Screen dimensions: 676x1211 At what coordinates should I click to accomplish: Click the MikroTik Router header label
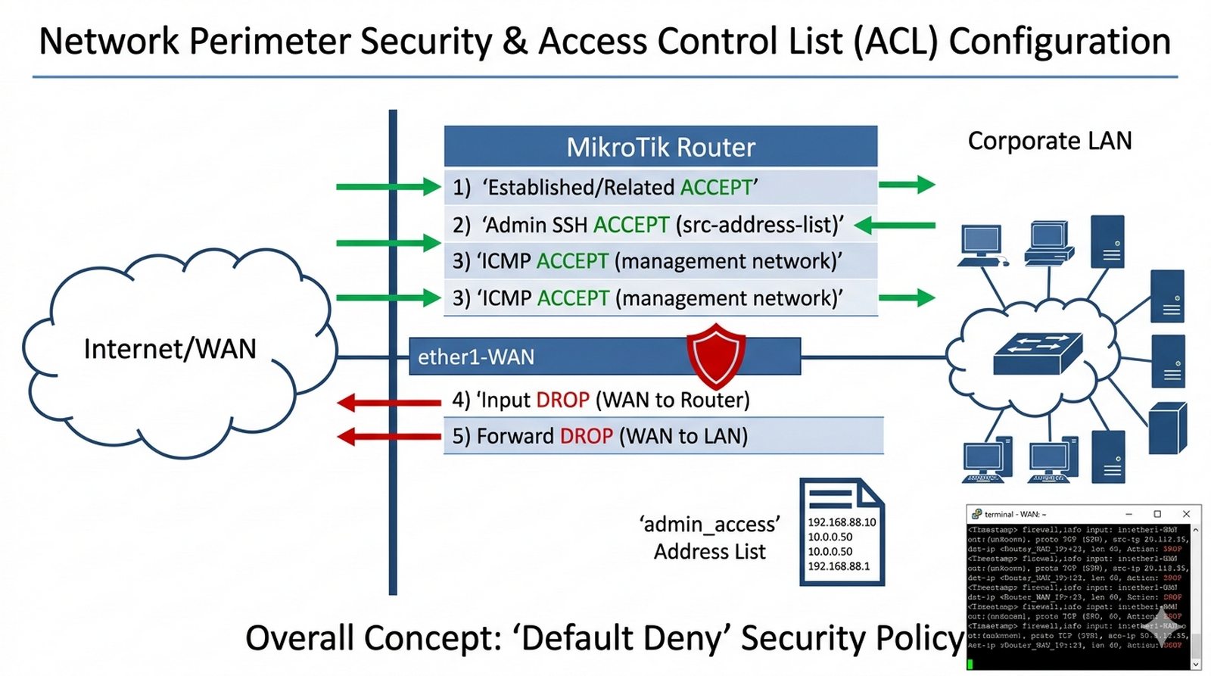[x=661, y=147]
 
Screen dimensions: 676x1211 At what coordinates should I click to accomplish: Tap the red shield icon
[x=715, y=356]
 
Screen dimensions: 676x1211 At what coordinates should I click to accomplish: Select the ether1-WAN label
[x=476, y=357]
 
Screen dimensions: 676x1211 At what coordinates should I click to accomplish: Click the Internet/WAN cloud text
[x=170, y=349]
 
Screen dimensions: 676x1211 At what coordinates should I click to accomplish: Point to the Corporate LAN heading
[x=1050, y=141]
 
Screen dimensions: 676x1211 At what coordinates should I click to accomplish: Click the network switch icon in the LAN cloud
[x=1037, y=353]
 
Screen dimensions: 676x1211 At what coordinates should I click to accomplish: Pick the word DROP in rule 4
[x=562, y=400]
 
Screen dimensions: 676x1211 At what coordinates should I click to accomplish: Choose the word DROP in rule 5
[x=586, y=436]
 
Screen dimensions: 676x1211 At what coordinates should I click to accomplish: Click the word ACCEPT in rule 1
[x=716, y=187]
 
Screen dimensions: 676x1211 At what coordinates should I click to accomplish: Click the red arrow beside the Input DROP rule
[x=388, y=402]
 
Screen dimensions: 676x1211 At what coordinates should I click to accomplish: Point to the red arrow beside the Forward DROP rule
[x=388, y=436]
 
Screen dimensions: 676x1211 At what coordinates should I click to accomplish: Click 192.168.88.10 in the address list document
[x=842, y=522]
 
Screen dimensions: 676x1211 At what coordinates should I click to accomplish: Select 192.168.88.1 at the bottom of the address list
[x=839, y=566]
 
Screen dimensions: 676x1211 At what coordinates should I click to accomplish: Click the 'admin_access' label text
[x=709, y=524]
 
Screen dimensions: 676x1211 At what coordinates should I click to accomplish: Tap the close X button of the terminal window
[x=1186, y=514]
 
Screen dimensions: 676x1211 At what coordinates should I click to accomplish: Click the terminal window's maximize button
[x=1157, y=514]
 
